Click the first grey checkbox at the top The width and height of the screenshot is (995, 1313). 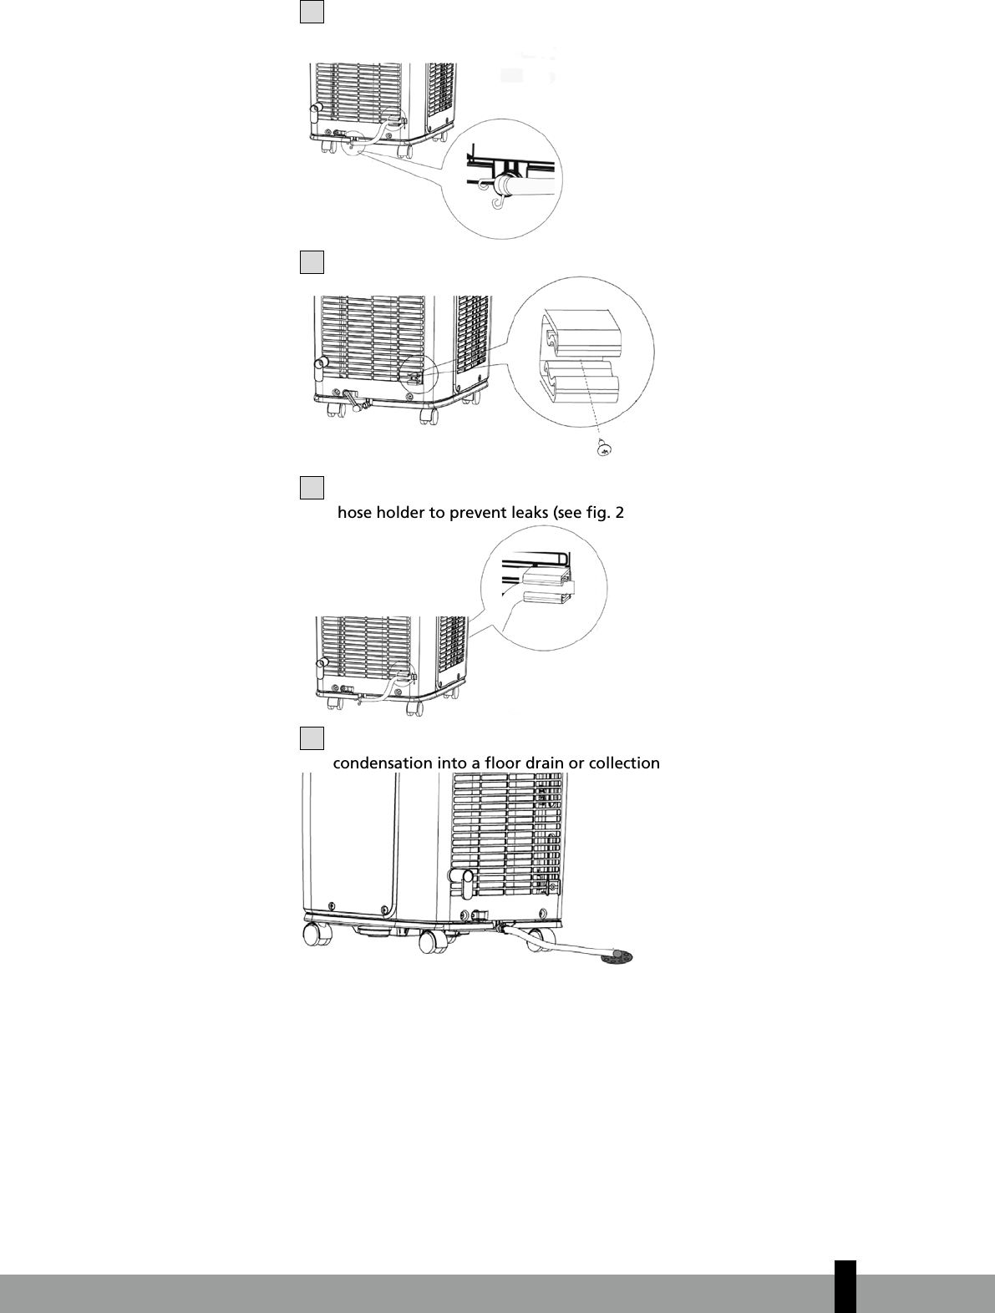pyautogui.click(x=312, y=12)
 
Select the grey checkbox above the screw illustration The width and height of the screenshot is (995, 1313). pyautogui.click(x=312, y=262)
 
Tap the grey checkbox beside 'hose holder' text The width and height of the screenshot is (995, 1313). pyautogui.click(x=312, y=488)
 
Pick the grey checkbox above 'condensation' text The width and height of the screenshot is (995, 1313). pyautogui.click(x=312, y=738)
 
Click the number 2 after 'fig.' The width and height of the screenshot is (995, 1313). pyautogui.click(x=619, y=513)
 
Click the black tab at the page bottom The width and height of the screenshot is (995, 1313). pyautogui.click(x=845, y=1286)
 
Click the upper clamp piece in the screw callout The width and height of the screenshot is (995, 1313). pyautogui.click(x=581, y=334)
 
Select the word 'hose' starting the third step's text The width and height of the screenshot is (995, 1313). pyautogui.click(x=355, y=513)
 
